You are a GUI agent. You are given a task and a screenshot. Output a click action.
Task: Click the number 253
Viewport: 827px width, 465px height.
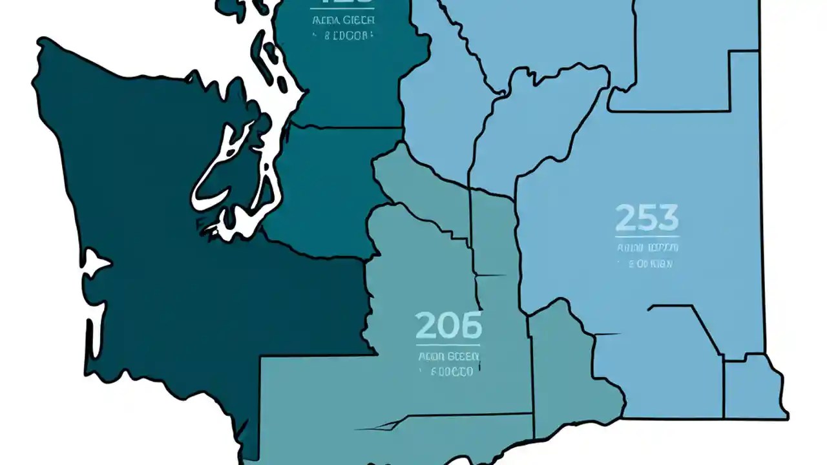[x=647, y=218]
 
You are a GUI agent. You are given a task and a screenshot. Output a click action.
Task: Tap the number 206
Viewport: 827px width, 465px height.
[x=449, y=325]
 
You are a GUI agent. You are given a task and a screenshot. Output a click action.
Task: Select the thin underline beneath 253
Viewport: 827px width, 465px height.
[x=647, y=237]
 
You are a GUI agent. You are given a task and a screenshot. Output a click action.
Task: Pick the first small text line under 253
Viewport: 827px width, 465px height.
[x=647, y=248]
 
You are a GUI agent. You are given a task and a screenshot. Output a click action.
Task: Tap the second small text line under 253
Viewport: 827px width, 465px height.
[x=647, y=263]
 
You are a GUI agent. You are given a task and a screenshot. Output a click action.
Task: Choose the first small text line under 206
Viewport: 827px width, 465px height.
[x=448, y=356]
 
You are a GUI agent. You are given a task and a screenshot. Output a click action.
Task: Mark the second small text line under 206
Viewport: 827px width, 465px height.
[x=448, y=371]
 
